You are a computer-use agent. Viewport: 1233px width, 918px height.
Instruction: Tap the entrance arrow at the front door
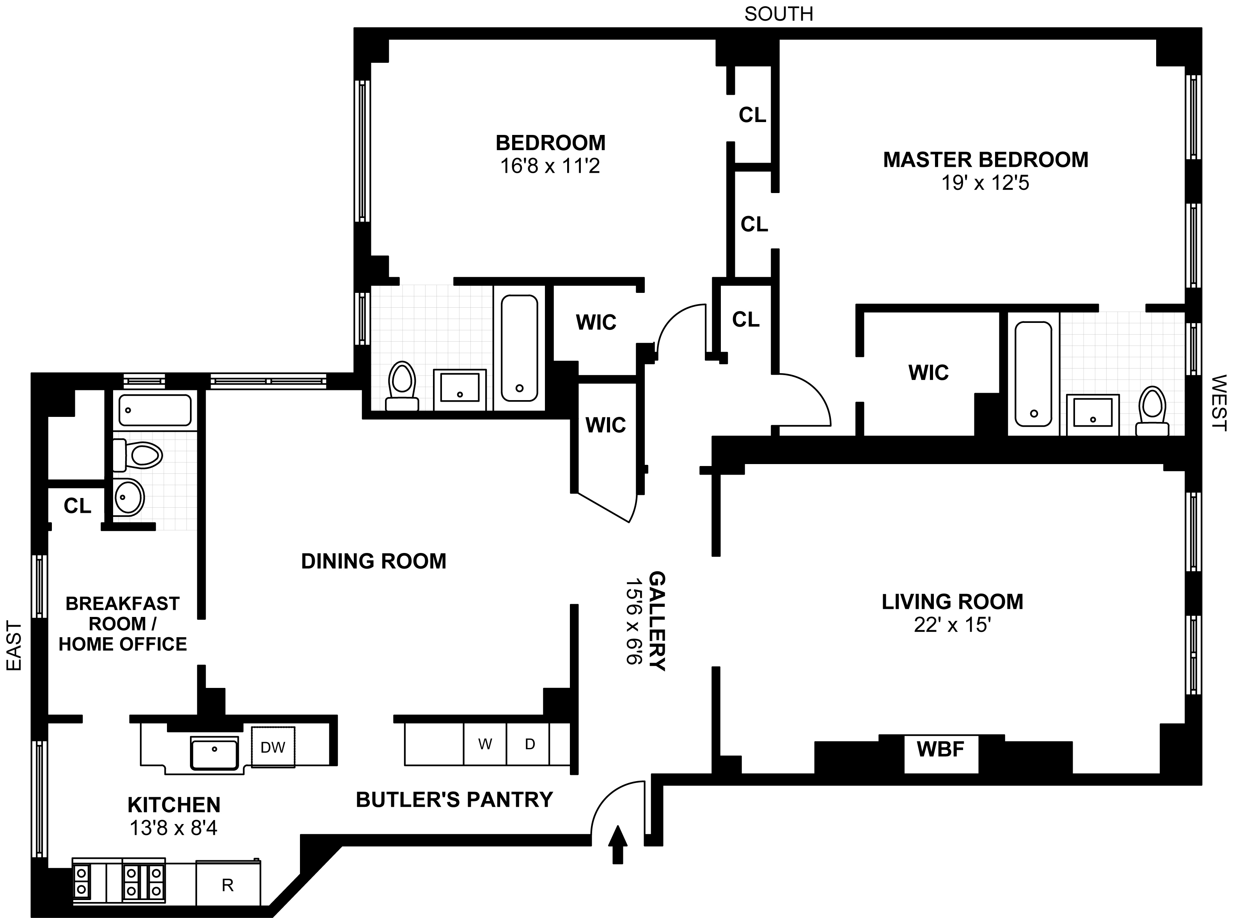click(617, 844)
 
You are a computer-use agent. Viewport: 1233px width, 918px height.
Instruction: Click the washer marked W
click(485, 744)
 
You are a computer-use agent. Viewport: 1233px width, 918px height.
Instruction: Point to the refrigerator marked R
click(228, 885)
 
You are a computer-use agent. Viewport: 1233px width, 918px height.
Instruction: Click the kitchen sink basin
click(215, 753)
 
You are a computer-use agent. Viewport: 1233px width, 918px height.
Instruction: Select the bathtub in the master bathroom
click(1033, 374)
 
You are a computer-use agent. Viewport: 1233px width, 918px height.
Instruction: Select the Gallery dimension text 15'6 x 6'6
click(634, 621)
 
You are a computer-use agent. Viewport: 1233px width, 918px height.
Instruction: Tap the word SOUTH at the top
click(779, 14)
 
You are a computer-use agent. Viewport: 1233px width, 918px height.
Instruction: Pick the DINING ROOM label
click(373, 561)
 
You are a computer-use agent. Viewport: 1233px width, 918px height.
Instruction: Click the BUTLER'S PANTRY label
click(454, 799)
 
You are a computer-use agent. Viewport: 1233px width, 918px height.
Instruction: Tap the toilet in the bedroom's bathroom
click(402, 386)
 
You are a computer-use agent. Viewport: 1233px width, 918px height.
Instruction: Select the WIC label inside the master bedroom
click(928, 372)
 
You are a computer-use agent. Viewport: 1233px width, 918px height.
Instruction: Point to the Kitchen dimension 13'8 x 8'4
click(173, 829)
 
